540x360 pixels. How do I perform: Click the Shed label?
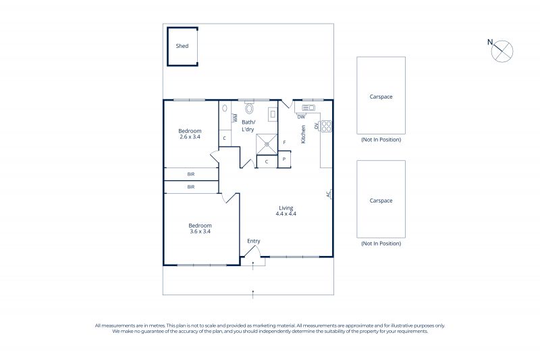(182, 46)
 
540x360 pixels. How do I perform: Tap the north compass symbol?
(502, 51)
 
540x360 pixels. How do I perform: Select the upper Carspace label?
(381, 97)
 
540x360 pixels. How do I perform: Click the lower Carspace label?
(381, 201)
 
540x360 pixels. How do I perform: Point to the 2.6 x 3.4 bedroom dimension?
(190, 136)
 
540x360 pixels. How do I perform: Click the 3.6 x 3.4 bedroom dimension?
(200, 232)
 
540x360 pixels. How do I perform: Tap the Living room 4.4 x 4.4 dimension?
(286, 213)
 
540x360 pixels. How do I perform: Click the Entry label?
(254, 241)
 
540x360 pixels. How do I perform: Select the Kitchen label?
(303, 134)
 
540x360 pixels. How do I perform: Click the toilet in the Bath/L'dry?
(249, 108)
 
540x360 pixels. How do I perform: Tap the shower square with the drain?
(267, 145)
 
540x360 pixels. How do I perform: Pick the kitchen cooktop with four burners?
(326, 126)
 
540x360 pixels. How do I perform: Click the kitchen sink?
(308, 108)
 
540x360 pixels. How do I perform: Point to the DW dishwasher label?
(301, 117)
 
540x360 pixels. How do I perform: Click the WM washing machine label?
(236, 118)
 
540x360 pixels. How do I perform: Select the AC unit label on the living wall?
(329, 195)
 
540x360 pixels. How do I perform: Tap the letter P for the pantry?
(284, 159)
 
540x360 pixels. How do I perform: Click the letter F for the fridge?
(284, 143)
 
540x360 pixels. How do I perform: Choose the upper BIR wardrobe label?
(191, 174)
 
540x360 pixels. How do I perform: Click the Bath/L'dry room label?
(248, 126)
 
